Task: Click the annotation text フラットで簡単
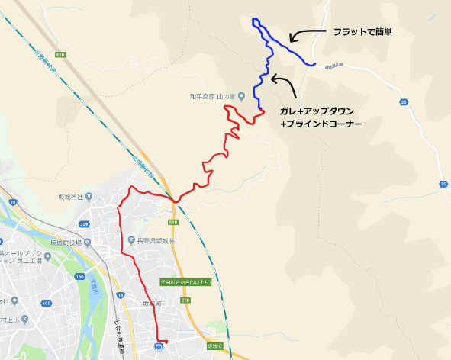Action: tap(362, 32)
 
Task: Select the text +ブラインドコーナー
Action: tap(321, 123)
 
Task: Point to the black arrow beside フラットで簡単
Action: tap(304, 35)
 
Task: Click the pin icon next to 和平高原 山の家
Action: tap(241, 96)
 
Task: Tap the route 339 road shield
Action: tap(84, 224)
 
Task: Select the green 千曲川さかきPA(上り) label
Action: tap(185, 281)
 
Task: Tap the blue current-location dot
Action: tap(159, 348)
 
